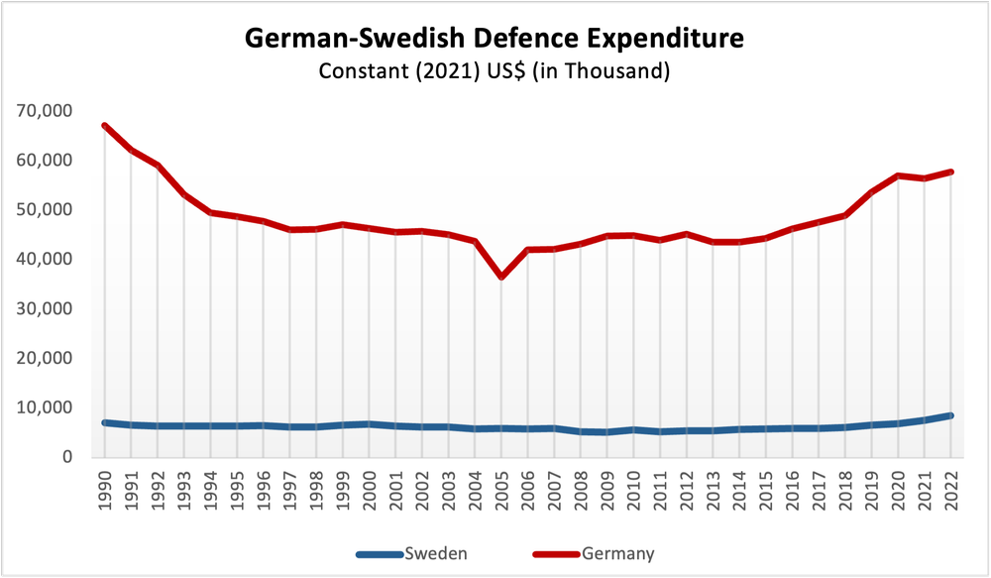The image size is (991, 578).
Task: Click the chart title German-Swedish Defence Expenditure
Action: [x=494, y=40]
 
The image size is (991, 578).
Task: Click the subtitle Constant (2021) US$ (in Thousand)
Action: [x=494, y=72]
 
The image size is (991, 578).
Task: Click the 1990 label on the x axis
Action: [x=105, y=486]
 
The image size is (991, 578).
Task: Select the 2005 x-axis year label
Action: [x=501, y=486]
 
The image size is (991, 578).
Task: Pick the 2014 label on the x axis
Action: [x=739, y=486]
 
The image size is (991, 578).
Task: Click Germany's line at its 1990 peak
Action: [x=104, y=126]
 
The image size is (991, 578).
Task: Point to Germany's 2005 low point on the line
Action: [x=501, y=277]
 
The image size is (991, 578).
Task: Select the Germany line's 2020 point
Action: [x=898, y=175]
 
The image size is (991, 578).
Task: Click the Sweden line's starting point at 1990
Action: [x=104, y=422]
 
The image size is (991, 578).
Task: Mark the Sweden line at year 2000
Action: [x=369, y=424]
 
